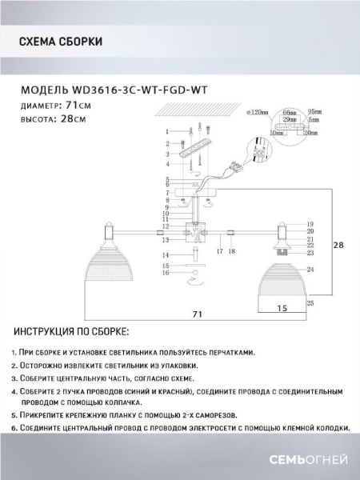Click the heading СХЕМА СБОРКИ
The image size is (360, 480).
[x=59, y=41]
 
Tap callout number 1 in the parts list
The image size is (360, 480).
[x=167, y=131]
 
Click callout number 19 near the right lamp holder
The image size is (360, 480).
[x=310, y=224]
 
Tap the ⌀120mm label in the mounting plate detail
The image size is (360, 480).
[x=257, y=113]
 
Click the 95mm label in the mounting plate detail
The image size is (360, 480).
[x=314, y=113]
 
